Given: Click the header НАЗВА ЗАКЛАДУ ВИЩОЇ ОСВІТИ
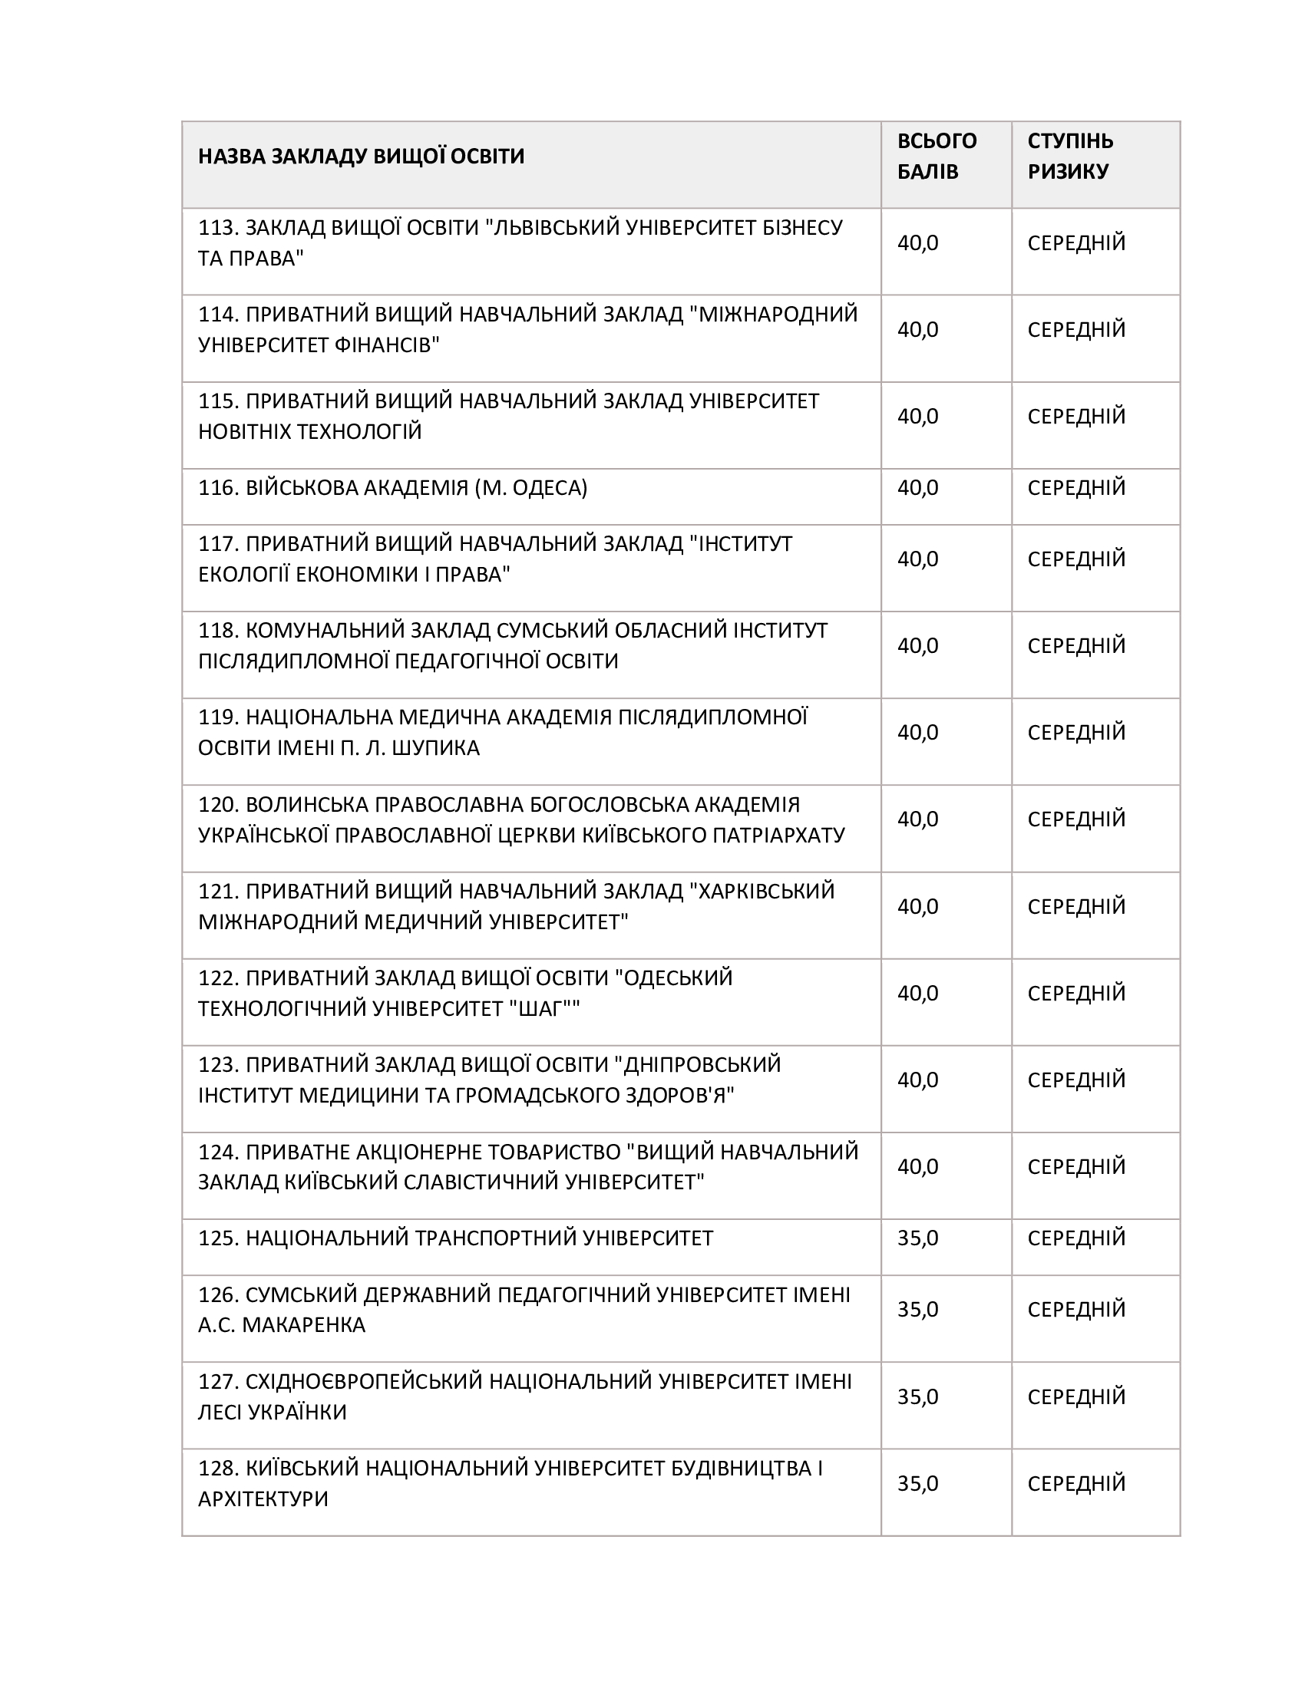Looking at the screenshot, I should click(361, 156).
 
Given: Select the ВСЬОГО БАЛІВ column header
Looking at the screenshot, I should click(937, 156).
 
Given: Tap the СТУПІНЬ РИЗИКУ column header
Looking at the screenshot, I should click(1070, 156).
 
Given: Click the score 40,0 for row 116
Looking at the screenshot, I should click(917, 488).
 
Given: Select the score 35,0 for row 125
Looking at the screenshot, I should click(917, 1238).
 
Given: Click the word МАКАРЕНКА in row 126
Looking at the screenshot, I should click(304, 1325).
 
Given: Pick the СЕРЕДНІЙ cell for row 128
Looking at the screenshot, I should click(1076, 1483).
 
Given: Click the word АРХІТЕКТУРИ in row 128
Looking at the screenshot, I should click(263, 1498).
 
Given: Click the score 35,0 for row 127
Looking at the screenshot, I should click(917, 1396).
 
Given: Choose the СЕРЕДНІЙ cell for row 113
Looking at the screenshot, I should click(1076, 242).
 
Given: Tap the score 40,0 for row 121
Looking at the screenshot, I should click(917, 906).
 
